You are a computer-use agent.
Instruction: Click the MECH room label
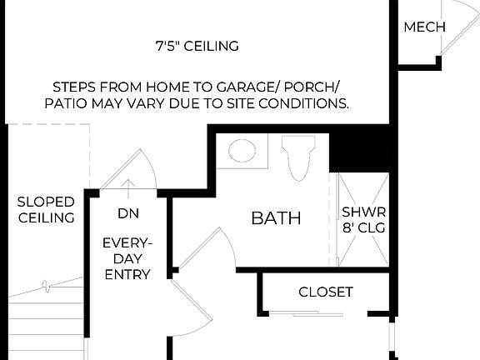pyautogui.click(x=424, y=27)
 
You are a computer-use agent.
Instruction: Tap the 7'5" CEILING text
pyautogui.click(x=197, y=46)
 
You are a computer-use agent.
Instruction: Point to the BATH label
pyautogui.click(x=276, y=218)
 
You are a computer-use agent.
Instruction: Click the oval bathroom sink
pyautogui.click(x=242, y=152)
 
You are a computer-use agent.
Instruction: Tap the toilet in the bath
pyautogui.click(x=297, y=156)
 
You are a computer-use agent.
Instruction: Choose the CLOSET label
pyautogui.click(x=326, y=292)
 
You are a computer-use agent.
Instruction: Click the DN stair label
pyautogui.click(x=127, y=214)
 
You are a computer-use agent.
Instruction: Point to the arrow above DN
pyautogui.click(x=127, y=185)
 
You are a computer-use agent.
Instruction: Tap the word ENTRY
pyautogui.click(x=127, y=274)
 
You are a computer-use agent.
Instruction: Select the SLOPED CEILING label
pyautogui.click(x=46, y=210)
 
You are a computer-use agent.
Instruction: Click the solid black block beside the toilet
pyautogui.click(x=350, y=151)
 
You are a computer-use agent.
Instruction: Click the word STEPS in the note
pyautogui.click(x=75, y=87)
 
